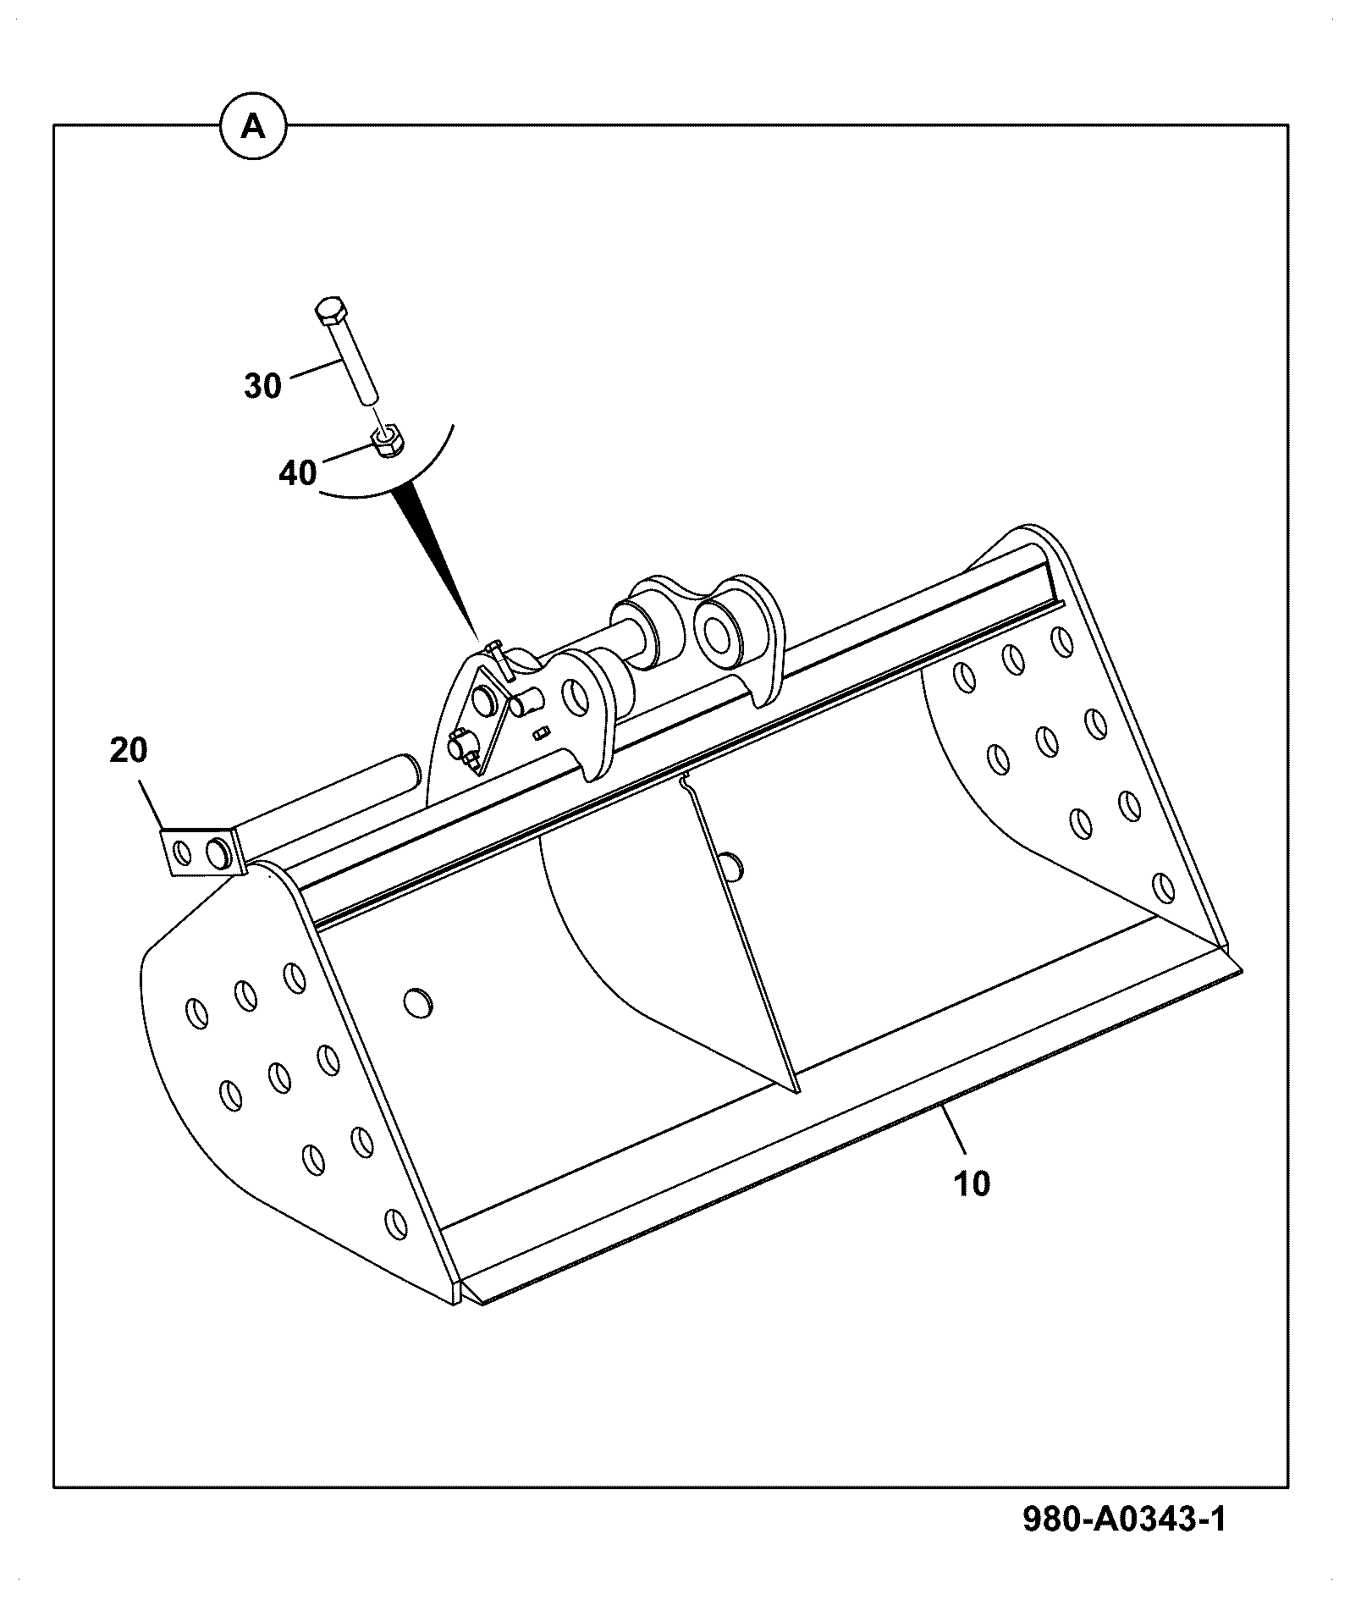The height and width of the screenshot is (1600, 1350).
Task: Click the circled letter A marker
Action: [x=253, y=127]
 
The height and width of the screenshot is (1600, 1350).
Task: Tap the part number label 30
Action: [x=262, y=386]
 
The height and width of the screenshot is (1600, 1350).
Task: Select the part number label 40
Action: [x=297, y=472]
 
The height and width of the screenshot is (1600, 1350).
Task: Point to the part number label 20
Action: [x=129, y=750]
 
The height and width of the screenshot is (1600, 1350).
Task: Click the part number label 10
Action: [x=972, y=1183]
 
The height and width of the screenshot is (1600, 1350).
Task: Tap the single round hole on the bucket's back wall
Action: [x=418, y=1003]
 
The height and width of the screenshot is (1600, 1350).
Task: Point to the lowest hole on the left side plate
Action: [x=394, y=1222]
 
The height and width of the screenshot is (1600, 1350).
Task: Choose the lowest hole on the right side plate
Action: [x=1165, y=888]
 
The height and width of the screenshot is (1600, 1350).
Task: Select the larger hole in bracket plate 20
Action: [x=218, y=853]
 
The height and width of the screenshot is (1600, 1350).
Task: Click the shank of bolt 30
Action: [x=355, y=364]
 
